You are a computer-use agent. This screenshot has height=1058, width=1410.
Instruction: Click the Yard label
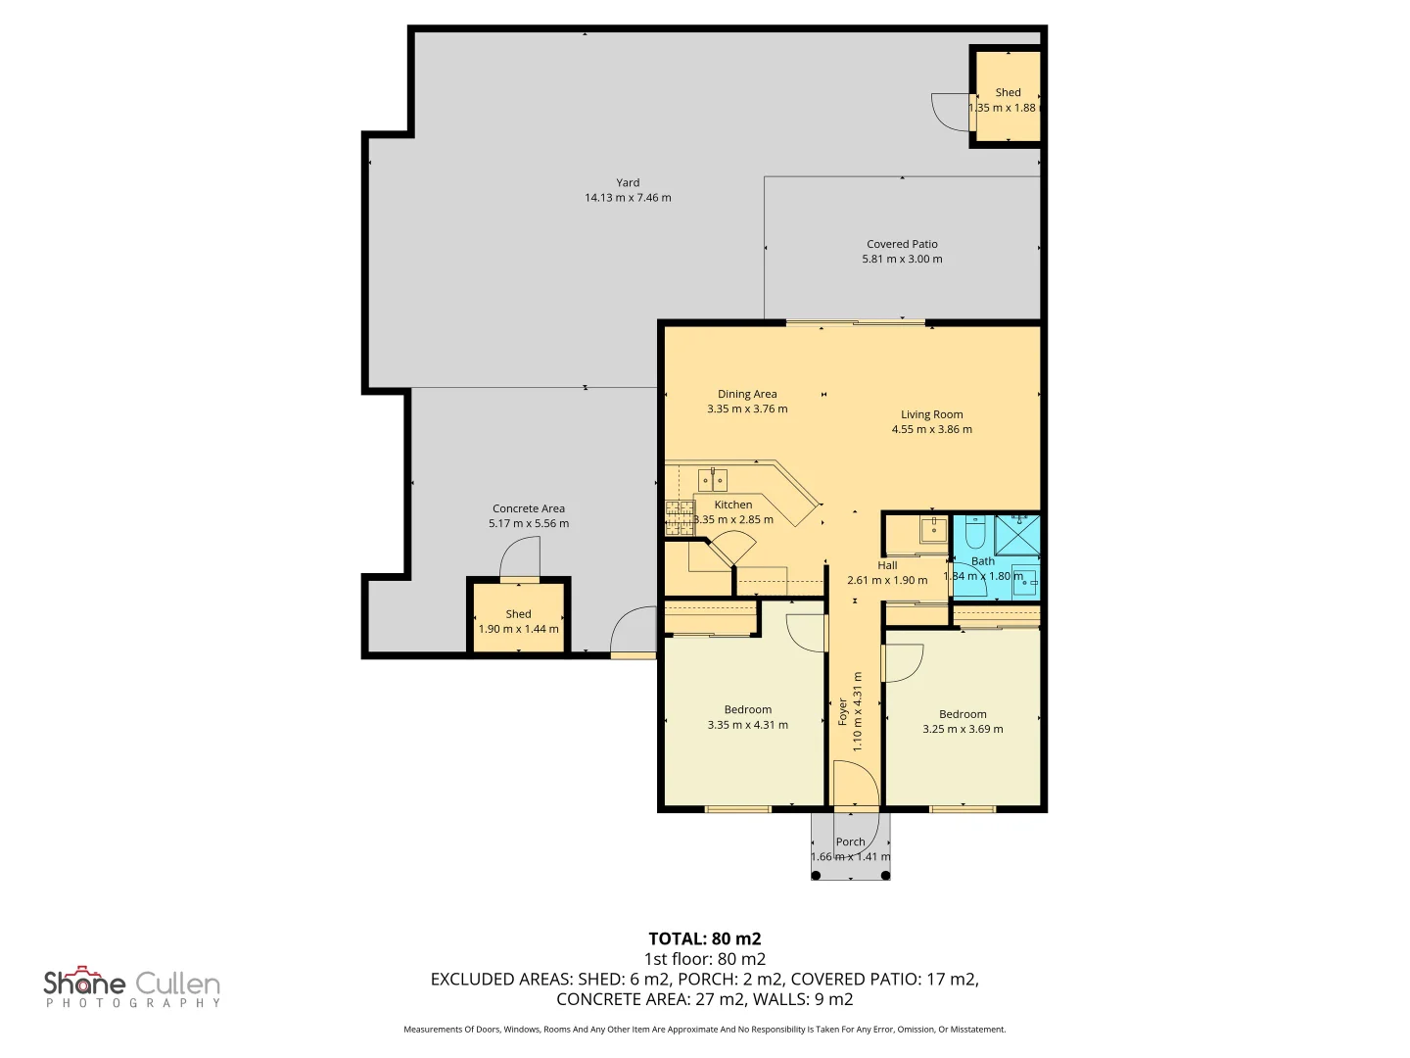[x=627, y=182]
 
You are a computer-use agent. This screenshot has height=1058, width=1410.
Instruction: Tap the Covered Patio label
[x=902, y=244]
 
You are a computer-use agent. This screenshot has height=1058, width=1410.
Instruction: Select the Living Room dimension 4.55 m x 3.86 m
[x=931, y=429]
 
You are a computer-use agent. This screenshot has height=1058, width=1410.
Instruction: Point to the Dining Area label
[x=747, y=394]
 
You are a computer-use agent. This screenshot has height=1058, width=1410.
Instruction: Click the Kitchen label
[x=733, y=505]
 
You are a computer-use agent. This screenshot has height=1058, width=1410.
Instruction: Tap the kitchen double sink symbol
[x=713, y=479]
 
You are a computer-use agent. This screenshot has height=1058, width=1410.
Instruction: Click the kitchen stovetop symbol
[x=680, y=518]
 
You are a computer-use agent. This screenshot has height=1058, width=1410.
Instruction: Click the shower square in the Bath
[x=1017, y=534]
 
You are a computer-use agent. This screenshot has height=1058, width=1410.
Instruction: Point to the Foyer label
[x=843, y=712]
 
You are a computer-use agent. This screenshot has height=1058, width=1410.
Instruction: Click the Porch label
[x=850, y=842]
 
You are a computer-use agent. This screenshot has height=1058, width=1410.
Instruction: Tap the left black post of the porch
[x=816, y=876]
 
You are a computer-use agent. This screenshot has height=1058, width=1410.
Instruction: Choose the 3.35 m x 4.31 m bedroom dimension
[x=748, y=725]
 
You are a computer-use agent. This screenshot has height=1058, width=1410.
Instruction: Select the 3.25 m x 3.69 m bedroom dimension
[x=963, y=729]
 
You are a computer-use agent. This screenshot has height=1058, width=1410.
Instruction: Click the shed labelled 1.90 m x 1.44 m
[x=518, y=617]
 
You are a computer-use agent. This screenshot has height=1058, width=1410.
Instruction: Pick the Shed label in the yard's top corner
[x=1008, y=92]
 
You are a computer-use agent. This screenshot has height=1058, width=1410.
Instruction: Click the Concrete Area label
[x=529, y=508]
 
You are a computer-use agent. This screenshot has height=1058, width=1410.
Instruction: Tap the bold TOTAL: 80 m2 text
[x=705, y=939]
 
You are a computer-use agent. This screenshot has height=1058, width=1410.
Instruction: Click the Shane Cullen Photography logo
[x=132, y=986]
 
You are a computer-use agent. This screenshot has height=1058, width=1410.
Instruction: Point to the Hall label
[x=887, y=565]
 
